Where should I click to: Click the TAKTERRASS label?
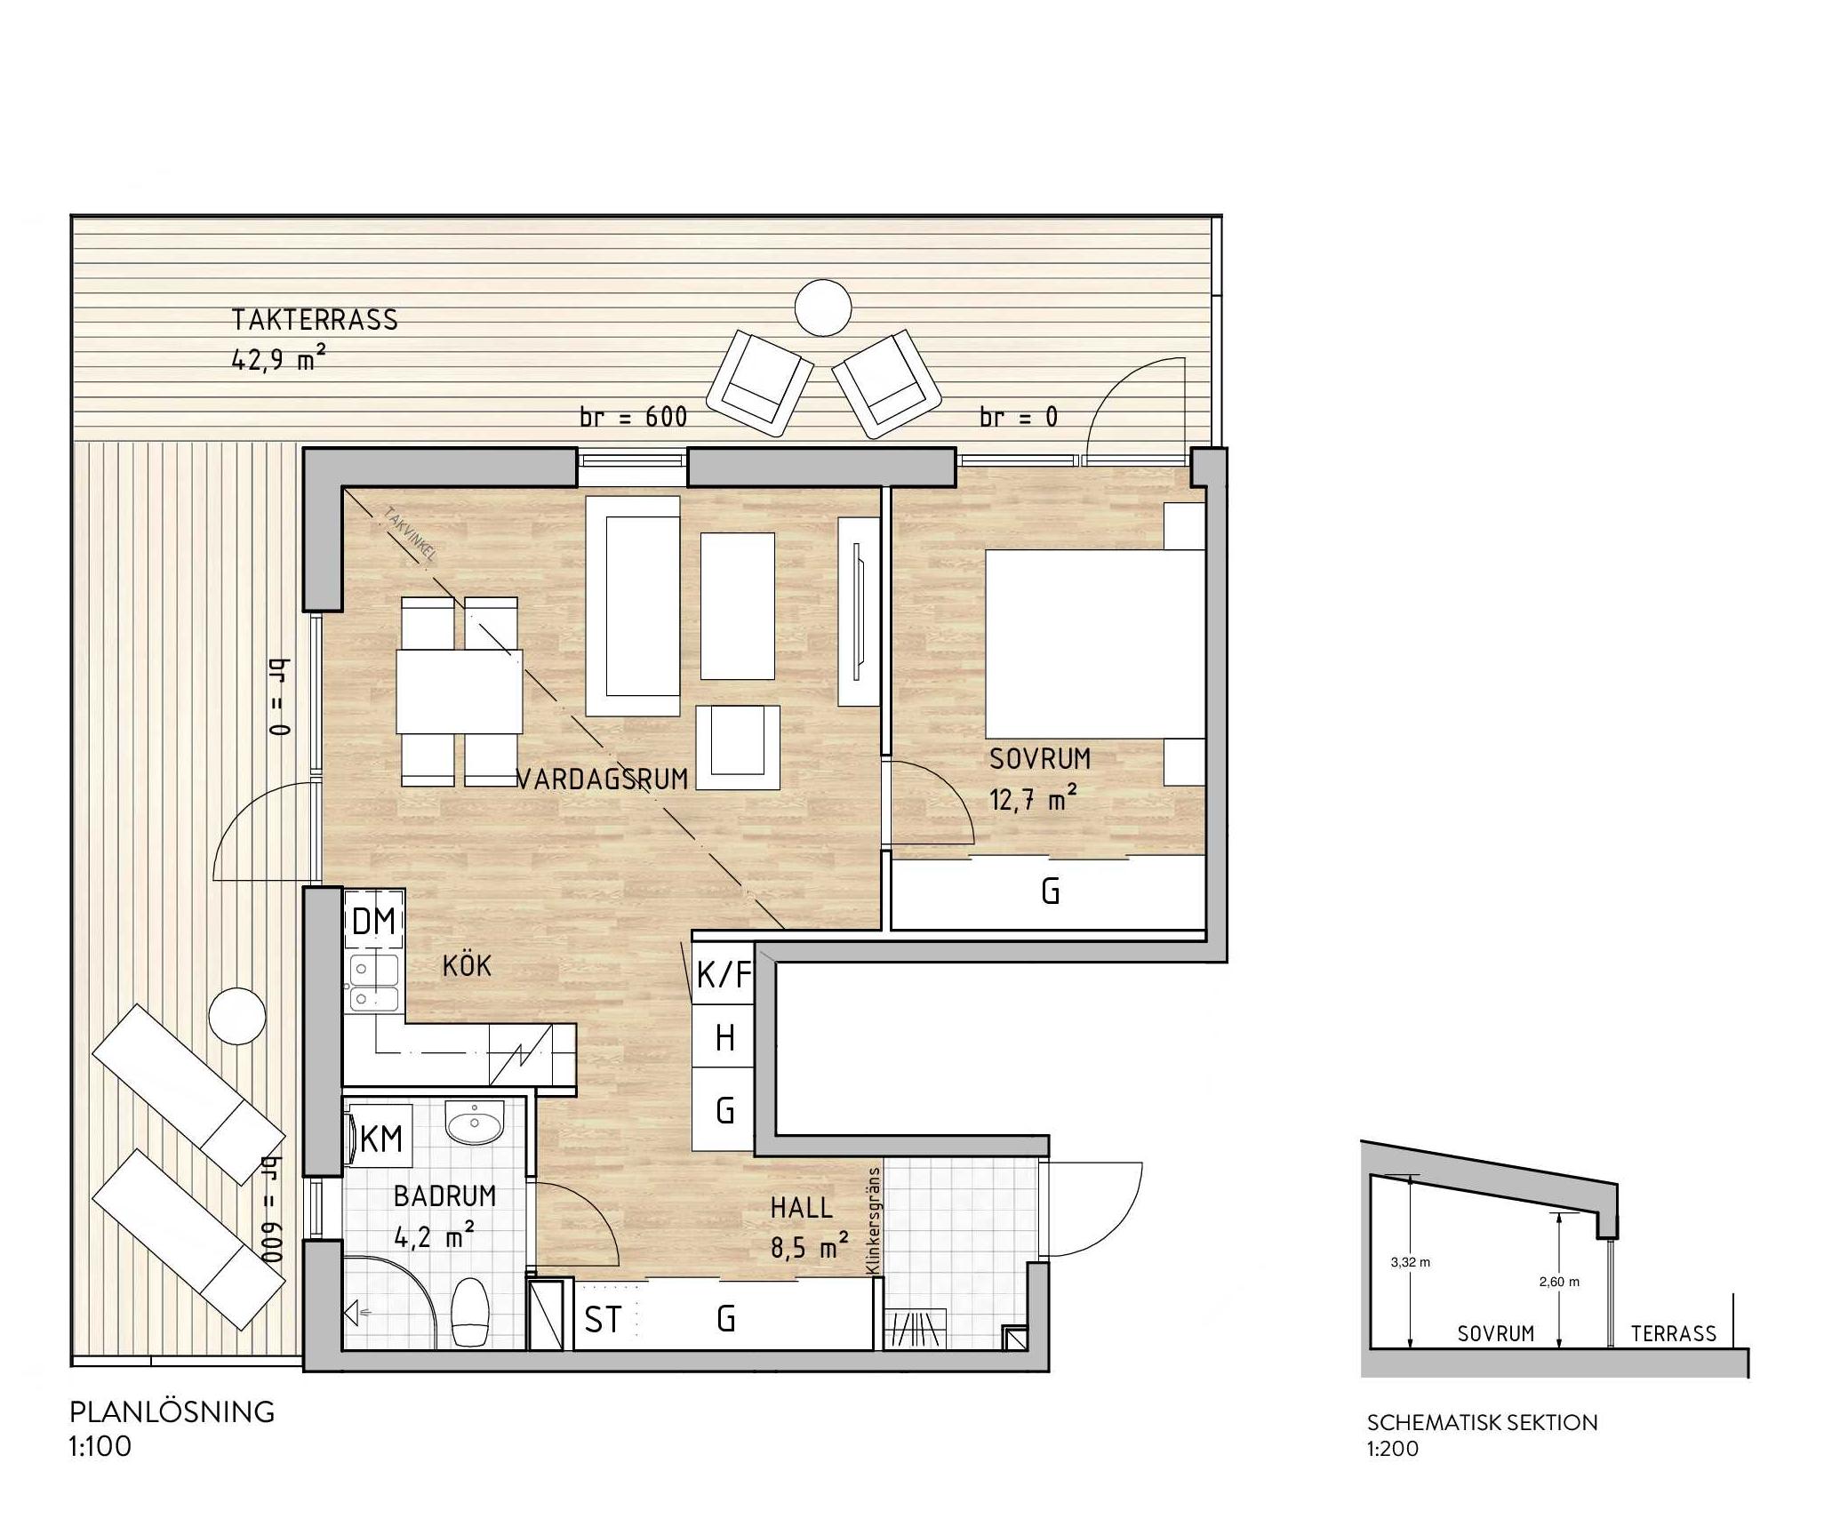pyautogui.click(x=315, y=320)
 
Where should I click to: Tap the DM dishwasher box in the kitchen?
pyautogui.click(x=374, y=922)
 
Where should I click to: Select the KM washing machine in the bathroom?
pyautogui.click(x=381, y=1139)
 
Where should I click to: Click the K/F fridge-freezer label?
pyautogui.click(x=724, y=975)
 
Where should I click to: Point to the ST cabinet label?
pyautogui.click(x=603, y=1320)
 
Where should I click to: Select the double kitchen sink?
pyautogui.click(x=373, y=985)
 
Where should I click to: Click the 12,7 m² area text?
pyautogui.click(x=1034, y=799)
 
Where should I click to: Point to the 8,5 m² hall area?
pyautogui.click(x=804, y=1248)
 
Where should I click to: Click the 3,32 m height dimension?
pyautogui.click(x=1410, y=1262)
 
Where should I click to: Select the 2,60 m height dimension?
pyautogui.click(x=1559, y=1282)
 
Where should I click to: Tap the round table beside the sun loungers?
pyautogui.click(x=237, y=1016)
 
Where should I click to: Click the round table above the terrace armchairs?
pyautogui.click(x=823, y=308)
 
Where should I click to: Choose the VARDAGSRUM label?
pyautogui.click(x=603, y=779)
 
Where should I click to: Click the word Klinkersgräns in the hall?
pyautogui.click(x=874, y=1220)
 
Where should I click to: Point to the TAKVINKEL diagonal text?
pyautogui.click(x=410, y=535)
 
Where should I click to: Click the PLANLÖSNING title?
pyautogui.click(x=172, y=1412)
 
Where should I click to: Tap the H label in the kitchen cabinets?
pyautogui.click(x=725, y=1037)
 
